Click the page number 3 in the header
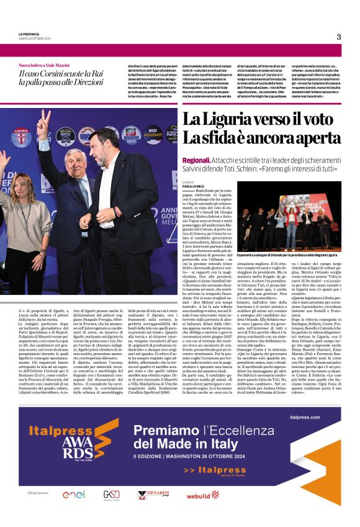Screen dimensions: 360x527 (x=338, y=37)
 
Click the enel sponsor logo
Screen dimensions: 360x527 (x=73, y=495)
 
